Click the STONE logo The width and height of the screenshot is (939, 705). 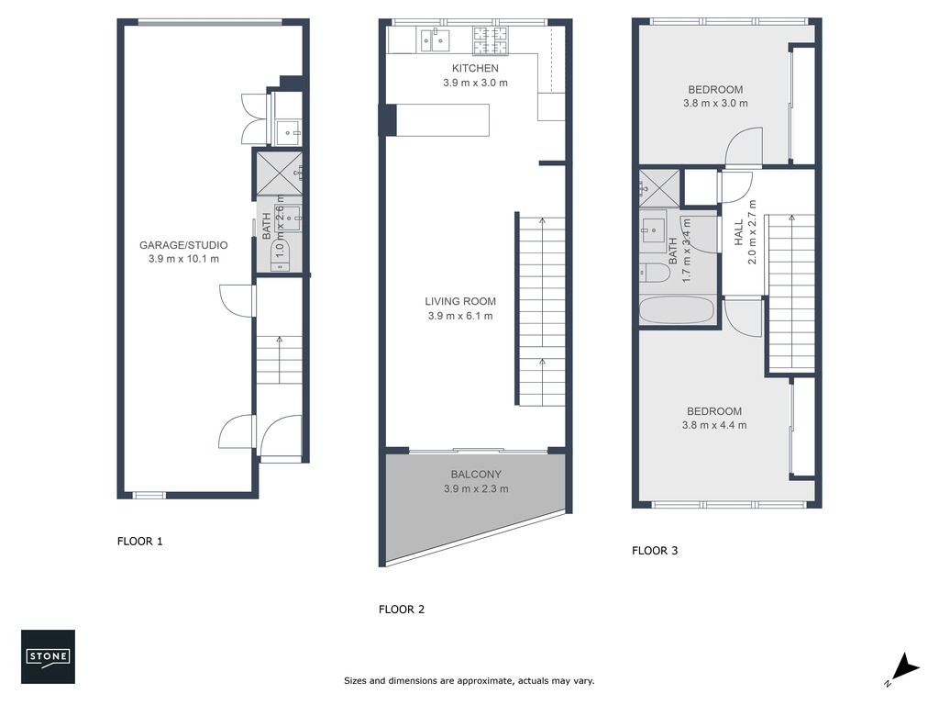point(48,656)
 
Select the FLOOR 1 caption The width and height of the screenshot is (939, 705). point(139,542)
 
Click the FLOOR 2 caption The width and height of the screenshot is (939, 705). point(402,610)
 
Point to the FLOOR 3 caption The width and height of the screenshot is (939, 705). point(655,551)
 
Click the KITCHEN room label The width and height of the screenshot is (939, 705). point(475,68)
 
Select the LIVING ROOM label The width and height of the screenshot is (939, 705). point(460,301)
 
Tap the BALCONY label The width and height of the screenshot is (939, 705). point(476,475)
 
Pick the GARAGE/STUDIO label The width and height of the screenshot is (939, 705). point(183,245)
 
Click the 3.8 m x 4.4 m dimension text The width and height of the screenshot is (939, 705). point(713,425)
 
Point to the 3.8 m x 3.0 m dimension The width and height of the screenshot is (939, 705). point(715,103)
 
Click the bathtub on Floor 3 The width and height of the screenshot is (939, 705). point(677,310)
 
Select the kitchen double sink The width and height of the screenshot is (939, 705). point(435,40)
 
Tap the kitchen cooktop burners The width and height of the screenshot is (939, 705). point(491,40)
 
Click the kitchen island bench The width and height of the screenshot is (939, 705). point(443,120)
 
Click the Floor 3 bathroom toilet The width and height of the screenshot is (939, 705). point(654,274)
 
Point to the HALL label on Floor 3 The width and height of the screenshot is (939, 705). point(739,232)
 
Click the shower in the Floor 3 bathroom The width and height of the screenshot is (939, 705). point(659,188)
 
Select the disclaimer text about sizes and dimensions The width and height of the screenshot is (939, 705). point(469,681)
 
